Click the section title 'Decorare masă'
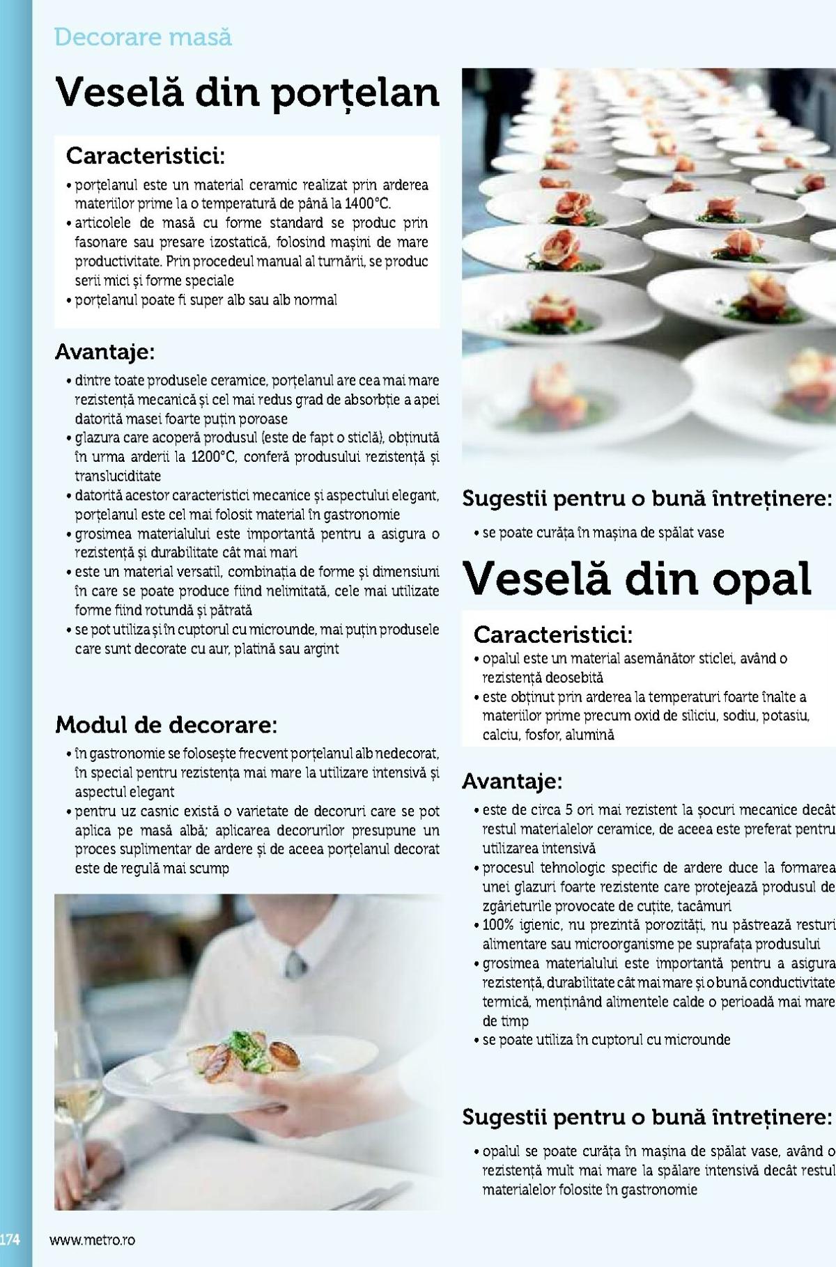point(143,37)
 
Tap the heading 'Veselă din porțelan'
point(247,93)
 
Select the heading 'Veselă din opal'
point(637,579)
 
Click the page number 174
point(10,1240)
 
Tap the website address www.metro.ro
point(92,1240)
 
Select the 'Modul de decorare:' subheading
point(166,725)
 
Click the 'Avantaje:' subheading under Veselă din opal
point(512,782)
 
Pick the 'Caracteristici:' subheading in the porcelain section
point(146,156)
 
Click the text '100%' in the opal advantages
point(498,926)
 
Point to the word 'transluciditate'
point(118,476)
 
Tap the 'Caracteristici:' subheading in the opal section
point(553,635)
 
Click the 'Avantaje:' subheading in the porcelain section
point(105,352)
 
